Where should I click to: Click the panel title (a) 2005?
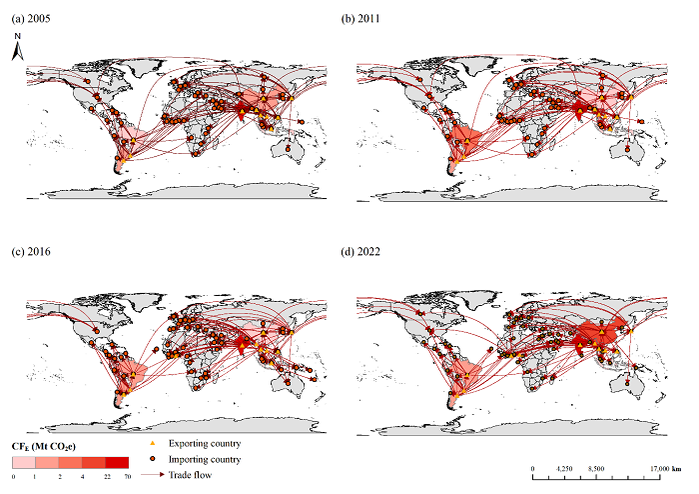click(x=31, y=19)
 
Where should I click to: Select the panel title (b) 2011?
click(x=360, y=19)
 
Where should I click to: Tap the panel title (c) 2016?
click(x=31, y=252)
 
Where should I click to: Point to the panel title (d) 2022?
click(x=360, y=252)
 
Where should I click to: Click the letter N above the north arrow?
click(x=17, y=36)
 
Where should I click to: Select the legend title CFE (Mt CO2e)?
click(x=44, y=447)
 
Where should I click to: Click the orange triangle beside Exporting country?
click(x=153, y=444)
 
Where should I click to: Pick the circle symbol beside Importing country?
click(x=153, y=459)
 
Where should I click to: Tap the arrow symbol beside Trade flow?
click(x=153, y=475)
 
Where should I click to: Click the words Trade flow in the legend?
click(x=190, y=475)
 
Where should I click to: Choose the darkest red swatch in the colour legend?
click(x=117, y=462)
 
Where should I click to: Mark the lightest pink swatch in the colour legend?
click(x=24, y=462)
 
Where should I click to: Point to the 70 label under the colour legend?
click(x=128, y=477)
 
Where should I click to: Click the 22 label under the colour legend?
click(x=107, y=477)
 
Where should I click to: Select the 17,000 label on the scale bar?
click(x=659, y=469)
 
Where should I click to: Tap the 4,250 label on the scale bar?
click(x=564, y=469)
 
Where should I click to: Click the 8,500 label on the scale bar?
click(x=596, y=469)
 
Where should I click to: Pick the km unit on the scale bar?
click(x=676, y=469)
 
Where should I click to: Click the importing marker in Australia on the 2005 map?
click(x=288, y=149)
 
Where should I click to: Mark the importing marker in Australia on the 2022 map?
click(x=628, y=383)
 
